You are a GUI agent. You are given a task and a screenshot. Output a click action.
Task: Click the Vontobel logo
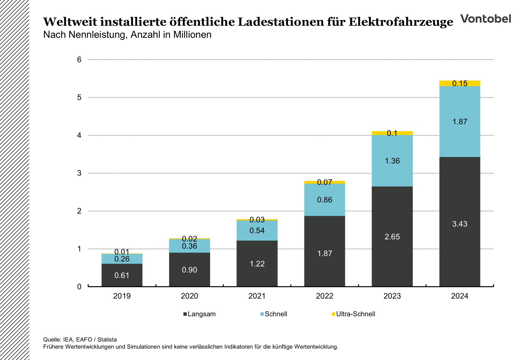coord(485,19)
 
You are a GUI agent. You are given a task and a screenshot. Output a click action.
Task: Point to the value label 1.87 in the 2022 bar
coord(325,253)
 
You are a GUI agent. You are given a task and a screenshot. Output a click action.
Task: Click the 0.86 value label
coord(325,200)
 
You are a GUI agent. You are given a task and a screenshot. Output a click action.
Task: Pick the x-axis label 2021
coord(257,296)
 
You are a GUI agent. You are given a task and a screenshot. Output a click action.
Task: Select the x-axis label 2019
coord(122,296)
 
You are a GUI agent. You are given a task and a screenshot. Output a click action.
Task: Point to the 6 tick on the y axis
coord(79,59)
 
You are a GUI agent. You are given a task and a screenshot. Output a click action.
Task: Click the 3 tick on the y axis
coord(79,173)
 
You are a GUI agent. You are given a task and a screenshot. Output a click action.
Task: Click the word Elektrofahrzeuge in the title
coord(401,22)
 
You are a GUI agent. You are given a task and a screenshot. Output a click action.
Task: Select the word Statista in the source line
coord(107,339)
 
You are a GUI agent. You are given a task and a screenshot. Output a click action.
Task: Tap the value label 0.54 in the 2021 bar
coord(257,231)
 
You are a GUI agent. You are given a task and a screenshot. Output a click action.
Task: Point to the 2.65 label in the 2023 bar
coord(392,237)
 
